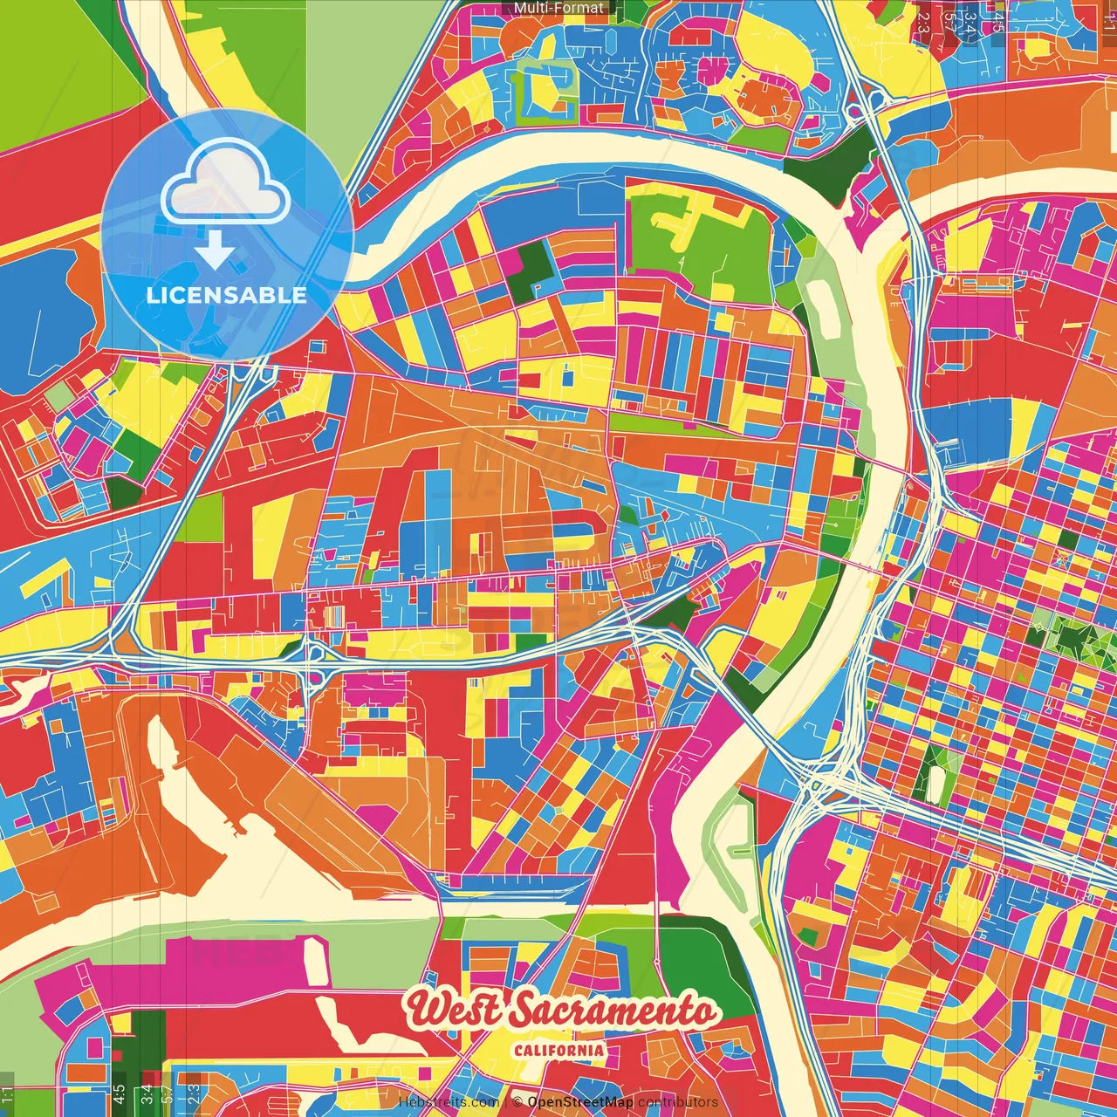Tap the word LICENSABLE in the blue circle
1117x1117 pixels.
pyautogui.click(x=226, y=295)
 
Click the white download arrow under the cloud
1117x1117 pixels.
pyautogui.click(x=215, y=251)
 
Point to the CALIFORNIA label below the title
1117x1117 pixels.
pyautogui.click(x=558, y=1049)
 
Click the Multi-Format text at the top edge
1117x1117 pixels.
pyautogui.click(x=558, y=8)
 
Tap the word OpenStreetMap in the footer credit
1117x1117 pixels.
pyautogui.click(x=580, y=1102)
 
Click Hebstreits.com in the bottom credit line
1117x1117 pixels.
pyautogui.click(x=449, y=1102)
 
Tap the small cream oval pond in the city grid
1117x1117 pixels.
pyautogui.click(x=935, y=784)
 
